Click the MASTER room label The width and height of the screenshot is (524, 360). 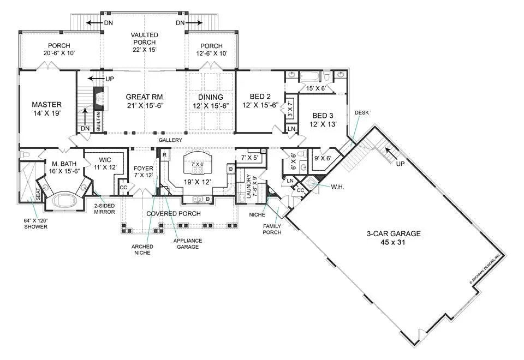click(46, 105)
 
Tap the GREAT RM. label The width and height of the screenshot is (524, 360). click(145, 96)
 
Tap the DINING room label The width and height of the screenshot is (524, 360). click(211, 97)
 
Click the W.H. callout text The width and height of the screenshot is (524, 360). click(338, 187)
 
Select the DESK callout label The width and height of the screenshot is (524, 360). click(362, 113)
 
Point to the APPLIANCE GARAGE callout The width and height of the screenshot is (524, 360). click(188, 244)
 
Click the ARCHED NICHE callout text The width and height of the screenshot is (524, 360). click(142, 249)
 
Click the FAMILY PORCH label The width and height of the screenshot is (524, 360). click(272, 229)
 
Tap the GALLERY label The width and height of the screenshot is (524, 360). click(170, 141)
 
